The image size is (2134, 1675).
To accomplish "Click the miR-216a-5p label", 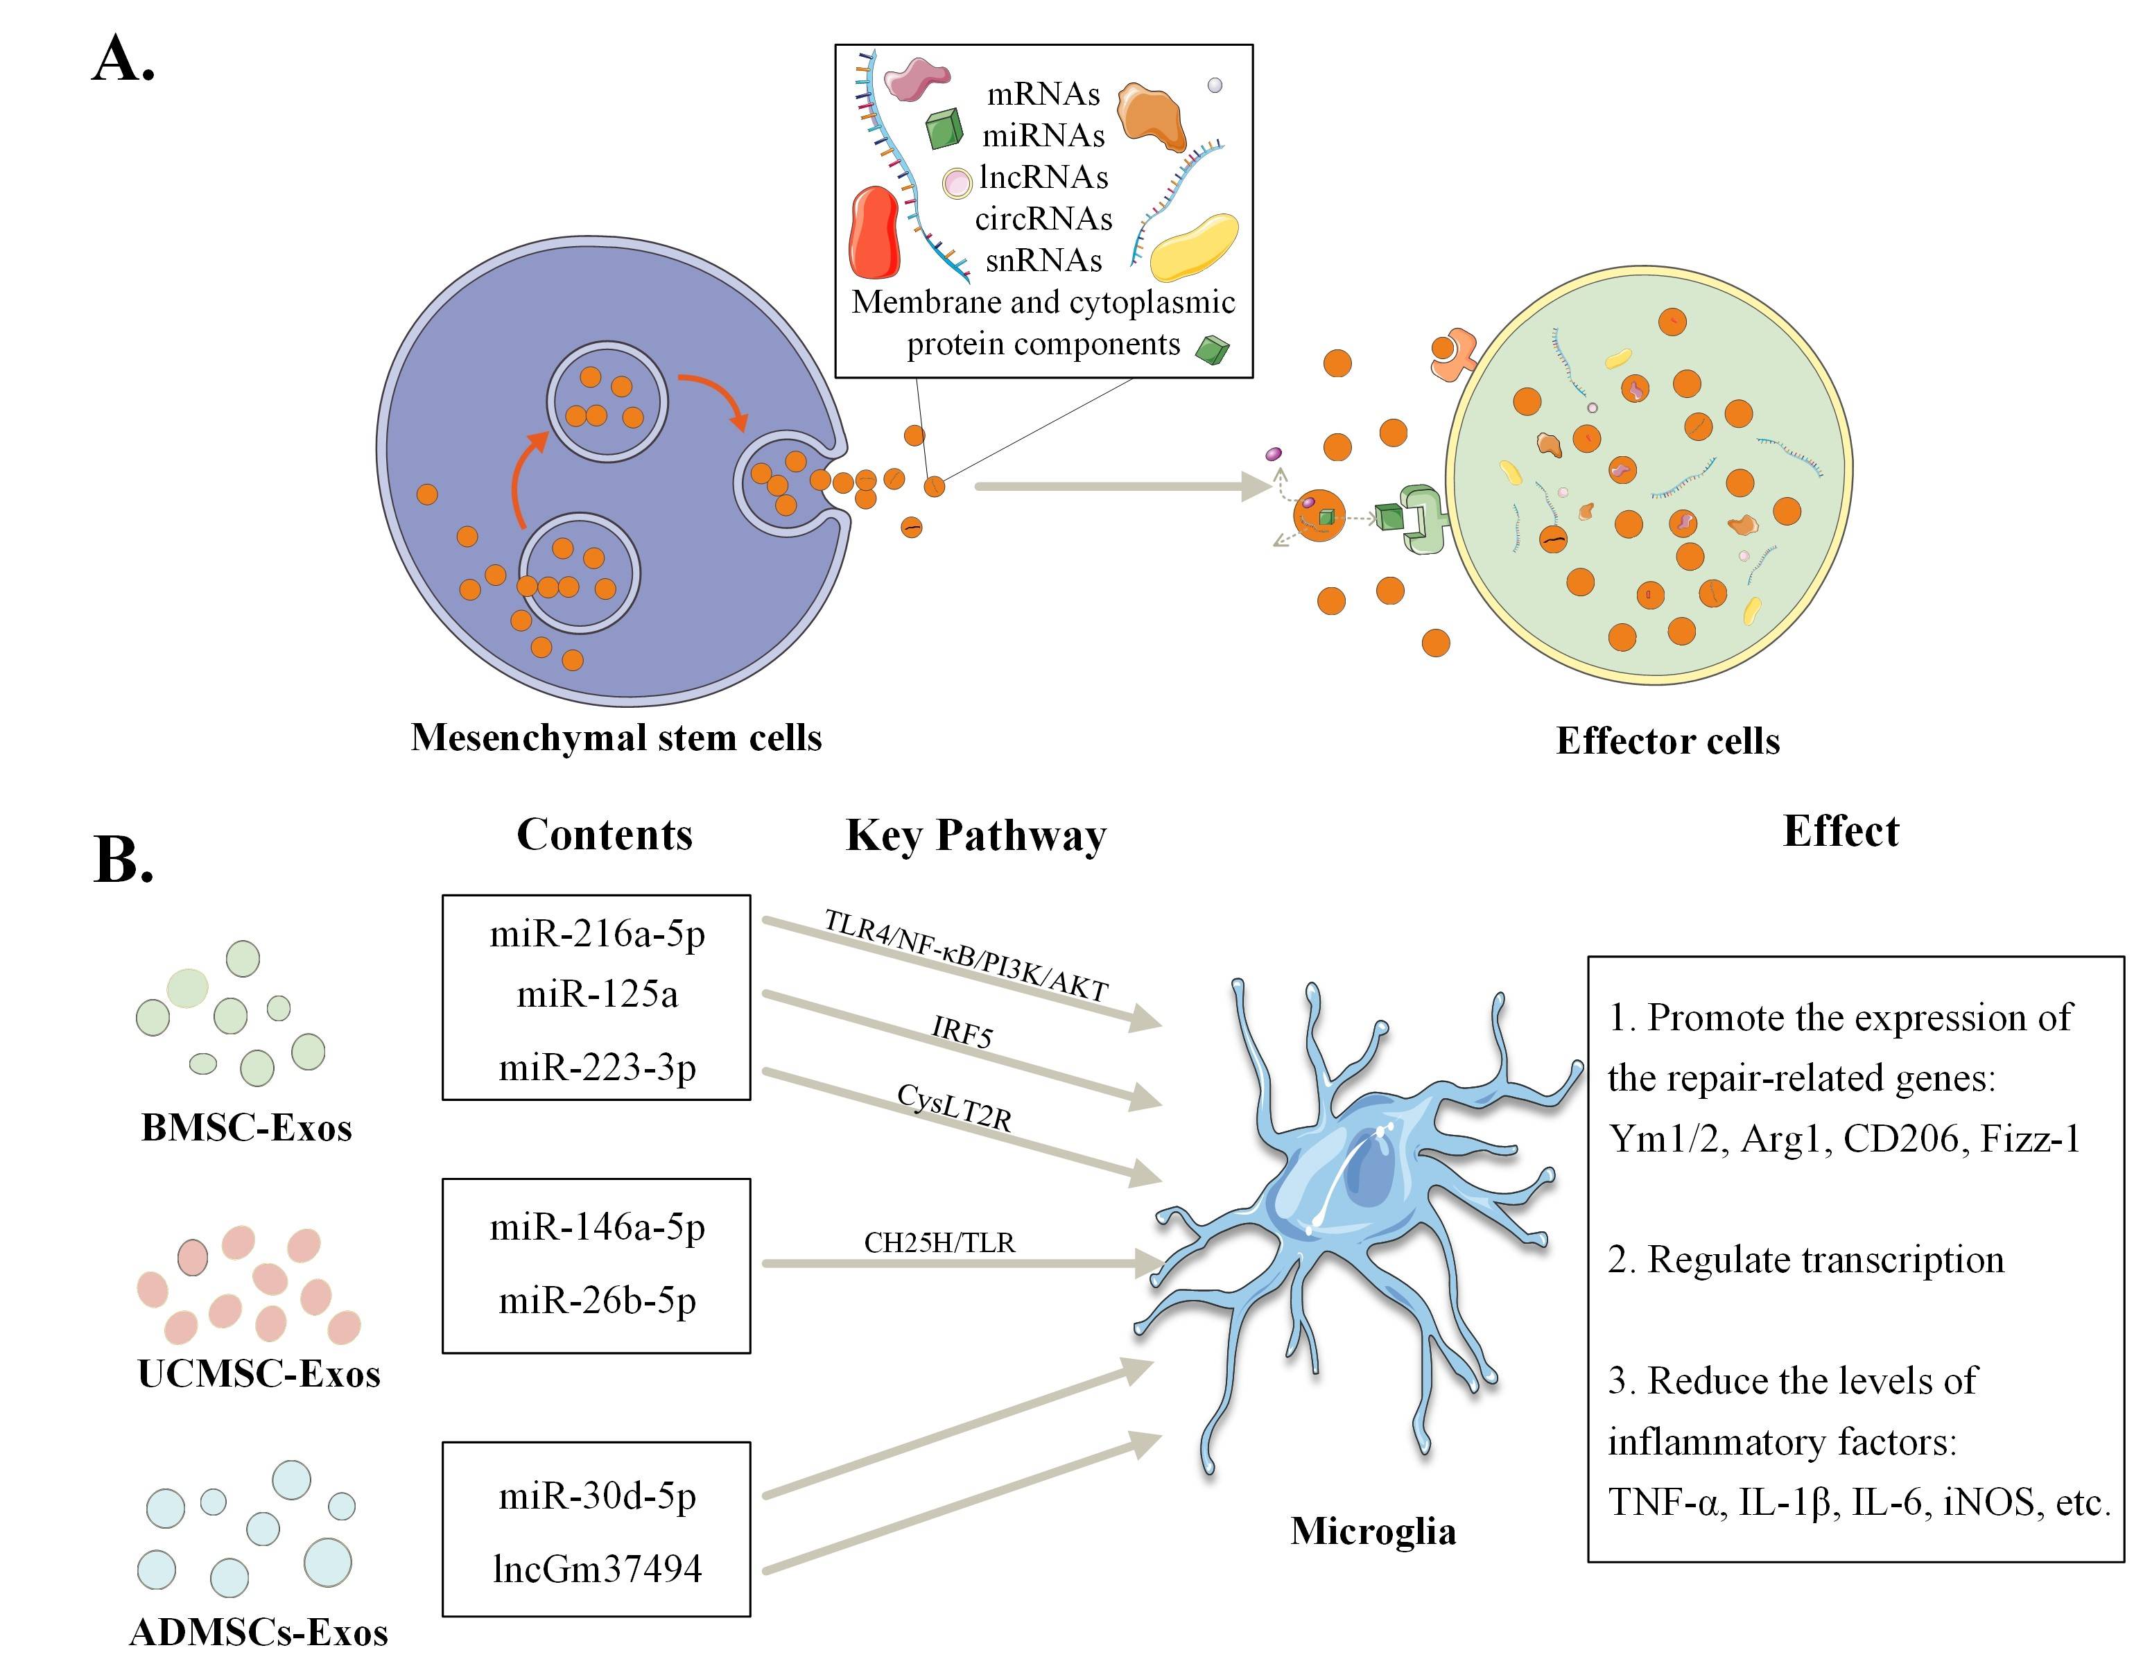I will point(597,934).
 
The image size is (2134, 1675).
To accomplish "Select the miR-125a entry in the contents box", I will point(597,994).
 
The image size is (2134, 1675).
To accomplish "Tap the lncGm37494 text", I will point(597,1569).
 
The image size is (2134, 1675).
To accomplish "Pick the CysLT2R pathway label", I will point(954,1108).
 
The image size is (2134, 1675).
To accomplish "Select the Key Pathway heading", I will point(975,835).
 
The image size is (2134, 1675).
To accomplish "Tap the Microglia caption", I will point(1373,1531).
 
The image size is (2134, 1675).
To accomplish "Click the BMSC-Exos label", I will point(246,1128).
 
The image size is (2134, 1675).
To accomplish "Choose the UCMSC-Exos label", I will point(259,1374).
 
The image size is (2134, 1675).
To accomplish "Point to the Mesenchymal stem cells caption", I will point(616,738).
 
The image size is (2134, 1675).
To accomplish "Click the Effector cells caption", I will point(1667,740).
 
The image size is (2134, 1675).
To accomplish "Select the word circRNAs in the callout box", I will point(1043,218).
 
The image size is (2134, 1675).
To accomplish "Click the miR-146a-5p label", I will point(597,1227).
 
